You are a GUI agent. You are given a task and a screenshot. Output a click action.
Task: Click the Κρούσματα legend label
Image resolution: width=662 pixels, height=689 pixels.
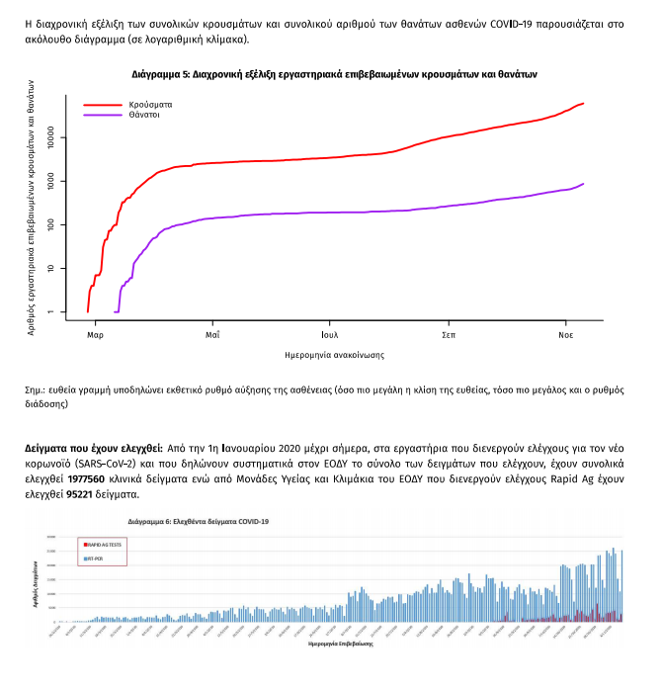pyautogui.click(x=150, y=104)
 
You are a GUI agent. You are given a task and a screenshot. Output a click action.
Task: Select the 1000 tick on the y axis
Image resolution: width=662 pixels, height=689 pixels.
pyautogui.click(x=59, y=181)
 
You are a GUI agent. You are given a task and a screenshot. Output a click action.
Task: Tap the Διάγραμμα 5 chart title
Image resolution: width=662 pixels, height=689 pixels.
pyautogui.click(x=335, y=74)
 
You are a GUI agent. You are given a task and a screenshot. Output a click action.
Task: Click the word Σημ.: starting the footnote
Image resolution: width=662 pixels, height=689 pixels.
pyautogui.click(x=37, y=390)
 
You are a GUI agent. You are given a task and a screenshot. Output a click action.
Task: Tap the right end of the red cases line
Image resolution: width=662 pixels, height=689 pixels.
pyautogui.click(x=584, y=103)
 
